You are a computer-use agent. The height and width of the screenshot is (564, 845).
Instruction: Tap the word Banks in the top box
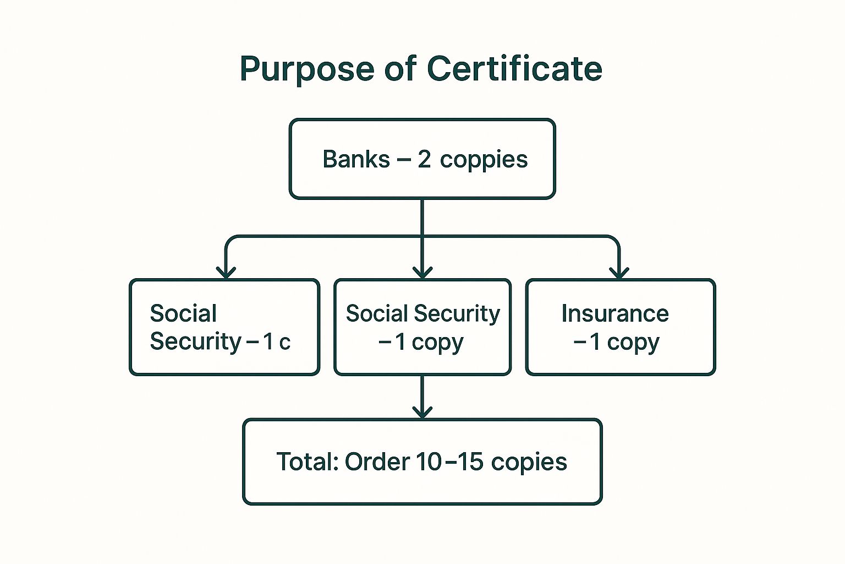pyautogui.click(x=356, y=159)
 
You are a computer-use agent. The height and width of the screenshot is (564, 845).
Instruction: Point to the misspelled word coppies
pyautogui.click(x=484, y=160)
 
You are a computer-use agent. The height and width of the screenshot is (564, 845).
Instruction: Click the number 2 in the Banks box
pyautogui.click(x=424, y=159)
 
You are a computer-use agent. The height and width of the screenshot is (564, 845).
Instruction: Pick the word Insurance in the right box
pyautogui.click(x=614, y=313)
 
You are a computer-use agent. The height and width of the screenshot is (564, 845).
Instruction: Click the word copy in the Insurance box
pyautogui.click(x=633, y=343)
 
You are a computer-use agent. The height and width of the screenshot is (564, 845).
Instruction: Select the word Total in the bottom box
pyautogui.click(x=306, y=462)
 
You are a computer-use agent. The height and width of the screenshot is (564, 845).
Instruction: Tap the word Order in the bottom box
pyautogui.click(x=377, y=462)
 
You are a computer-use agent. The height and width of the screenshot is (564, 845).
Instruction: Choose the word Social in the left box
pyautogui.click(x=183, y=313)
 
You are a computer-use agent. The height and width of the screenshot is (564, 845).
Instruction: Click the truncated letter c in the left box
pyautogui.click(x=284, y=343)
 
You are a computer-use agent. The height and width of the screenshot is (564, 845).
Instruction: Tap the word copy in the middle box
pyautogui.click(x=437, y=343)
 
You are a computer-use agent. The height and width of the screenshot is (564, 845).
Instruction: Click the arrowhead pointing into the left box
pyautogui.click(x=226, y=272)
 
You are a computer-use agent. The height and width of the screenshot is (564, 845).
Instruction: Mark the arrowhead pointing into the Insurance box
pyautogui.click(x=619, y=272)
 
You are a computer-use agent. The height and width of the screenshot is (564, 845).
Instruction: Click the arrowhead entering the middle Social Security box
pyautogui.click(x=422, y=272)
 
